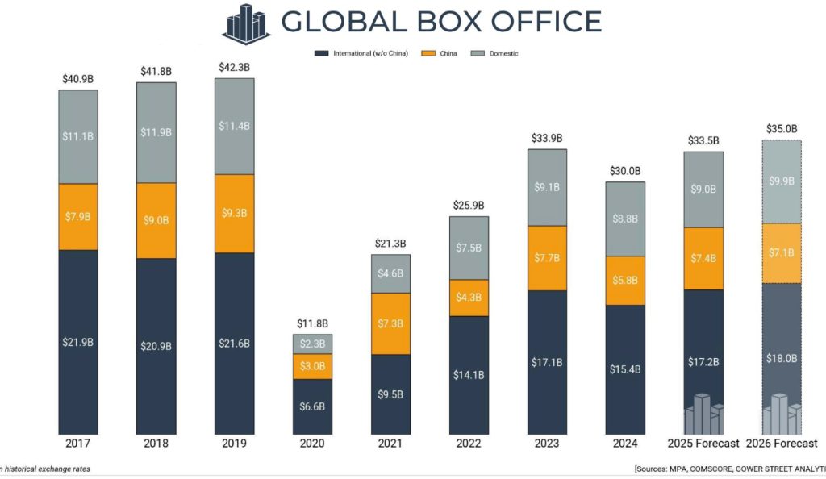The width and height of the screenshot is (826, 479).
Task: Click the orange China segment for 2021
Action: (390, 323)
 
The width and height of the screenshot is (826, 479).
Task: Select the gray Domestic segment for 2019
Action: (234, 126)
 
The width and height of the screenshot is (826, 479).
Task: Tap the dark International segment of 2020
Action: (312, 406)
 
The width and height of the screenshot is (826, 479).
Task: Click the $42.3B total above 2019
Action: (234, 67)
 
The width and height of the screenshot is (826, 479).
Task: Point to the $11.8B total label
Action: (312, 323)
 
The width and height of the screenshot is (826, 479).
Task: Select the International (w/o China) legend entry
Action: (364, 53)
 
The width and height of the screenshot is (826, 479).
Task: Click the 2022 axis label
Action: (469, 444)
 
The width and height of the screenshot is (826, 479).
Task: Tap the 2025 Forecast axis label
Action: (703, 444)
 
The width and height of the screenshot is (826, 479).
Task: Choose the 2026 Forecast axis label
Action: (782, 444)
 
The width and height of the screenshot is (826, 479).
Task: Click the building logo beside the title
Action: (247, 22)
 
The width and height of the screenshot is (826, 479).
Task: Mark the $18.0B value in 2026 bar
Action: (782, 358)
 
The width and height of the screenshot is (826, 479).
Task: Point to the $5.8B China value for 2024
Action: (625, 281)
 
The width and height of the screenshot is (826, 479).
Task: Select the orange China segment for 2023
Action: (547, 258)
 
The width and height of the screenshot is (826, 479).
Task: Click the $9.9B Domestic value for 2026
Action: (782, 181)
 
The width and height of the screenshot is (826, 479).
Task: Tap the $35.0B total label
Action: (782, 128)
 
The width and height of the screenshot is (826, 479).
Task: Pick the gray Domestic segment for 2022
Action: (469, 248)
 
